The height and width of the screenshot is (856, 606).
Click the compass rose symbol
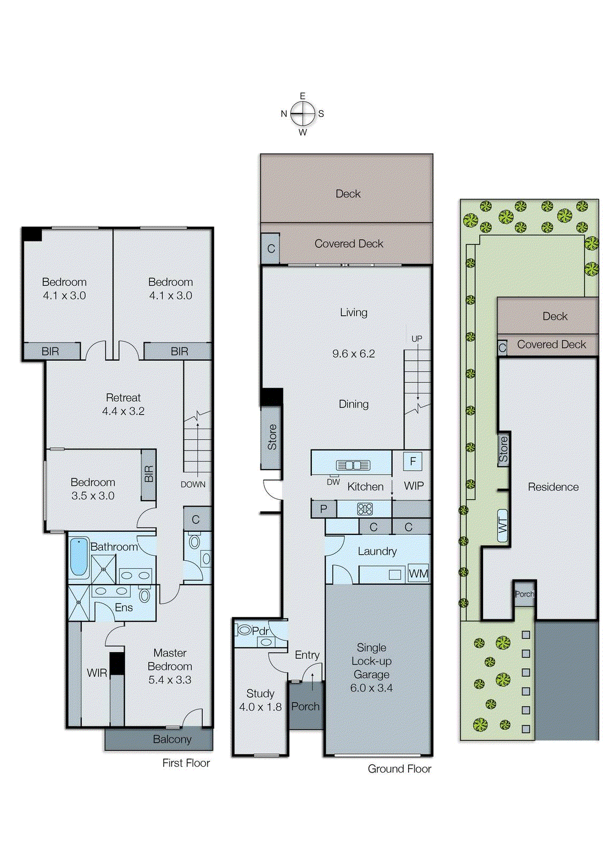pyautogui.click(x=303, y=113)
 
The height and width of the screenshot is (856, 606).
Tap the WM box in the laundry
pyautogui.click(x=418, y=574)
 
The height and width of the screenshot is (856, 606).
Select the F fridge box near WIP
pyautogui.click(x=412, y=461)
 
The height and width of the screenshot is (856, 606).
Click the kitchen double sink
pyautogui.click(x=353, y=465)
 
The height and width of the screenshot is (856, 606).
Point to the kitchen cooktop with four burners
pyautogui.click(x=365, y=509)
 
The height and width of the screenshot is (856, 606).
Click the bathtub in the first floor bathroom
pyautogui.click(x=79, y=557)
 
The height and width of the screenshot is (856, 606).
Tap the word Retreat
pyautogui.click(x=123, y=398)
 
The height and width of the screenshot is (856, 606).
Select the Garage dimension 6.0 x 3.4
pyautogui.click(x=371, y=688)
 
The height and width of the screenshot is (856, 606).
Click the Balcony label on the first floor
pyautogui.click(x=172, y=739)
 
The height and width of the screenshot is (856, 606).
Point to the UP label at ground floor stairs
pyautogui.click(x=417, y=339)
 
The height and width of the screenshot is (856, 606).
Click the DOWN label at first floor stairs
pyautogui.click(x=193, y=484)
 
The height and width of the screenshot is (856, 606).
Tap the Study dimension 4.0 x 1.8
pyautogui.click(x=260, y=707)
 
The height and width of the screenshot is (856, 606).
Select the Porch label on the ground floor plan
pyautogui.click(x=305, y=706)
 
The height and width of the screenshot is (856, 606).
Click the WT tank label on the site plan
pyautogui.click(x=503, y=525)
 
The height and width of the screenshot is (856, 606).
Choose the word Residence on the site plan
pyautogui.click(x=553, y=487)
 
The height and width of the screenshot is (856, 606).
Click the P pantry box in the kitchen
pyautogui.click(x=323, y=509)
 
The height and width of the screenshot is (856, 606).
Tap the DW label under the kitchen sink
pyautogui.click(x=333, y=482)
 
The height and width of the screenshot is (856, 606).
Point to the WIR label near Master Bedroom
pyautogui.click(x=97, y=673)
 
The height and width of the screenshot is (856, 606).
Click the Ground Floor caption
pyautogui.click(x=399, y=769)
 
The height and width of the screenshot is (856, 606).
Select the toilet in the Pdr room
pyautogui.click(x=245, y=630)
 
